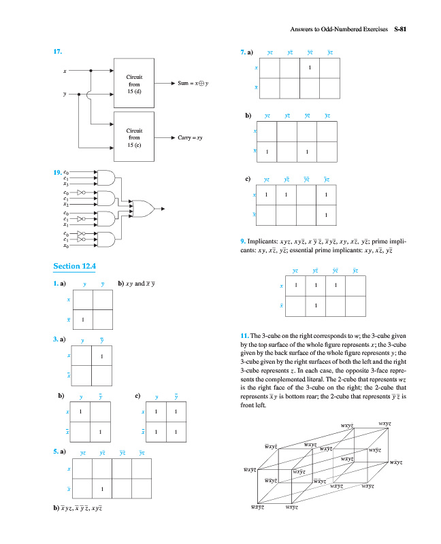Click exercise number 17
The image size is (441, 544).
58,52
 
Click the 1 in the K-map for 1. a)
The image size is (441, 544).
82,320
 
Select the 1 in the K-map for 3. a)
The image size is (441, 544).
101,356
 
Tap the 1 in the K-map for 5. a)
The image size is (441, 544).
101,489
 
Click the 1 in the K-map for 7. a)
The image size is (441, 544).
310,68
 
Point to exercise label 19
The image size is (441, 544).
58,172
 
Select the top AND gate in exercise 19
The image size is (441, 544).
107,178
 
